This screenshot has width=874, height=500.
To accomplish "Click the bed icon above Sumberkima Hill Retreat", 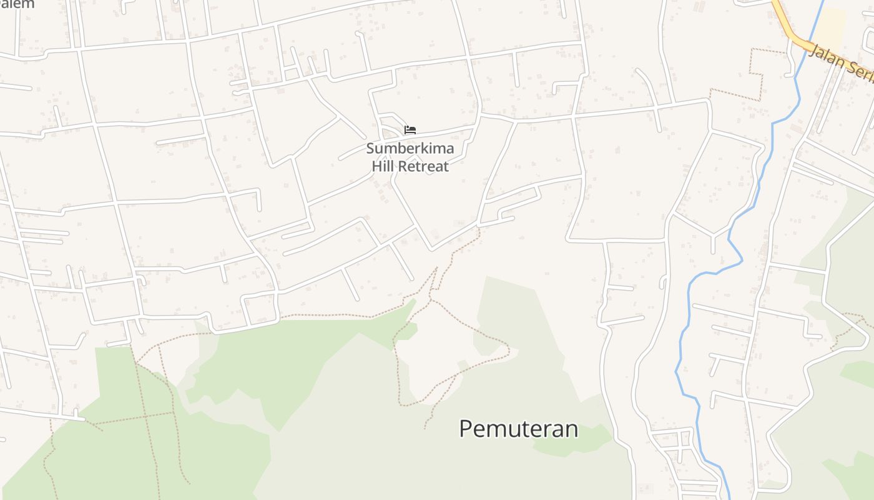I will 410,130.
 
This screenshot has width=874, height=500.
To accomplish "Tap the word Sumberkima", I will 410,149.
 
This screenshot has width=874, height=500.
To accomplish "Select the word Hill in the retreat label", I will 384,166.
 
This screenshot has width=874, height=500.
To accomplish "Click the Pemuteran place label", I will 518,429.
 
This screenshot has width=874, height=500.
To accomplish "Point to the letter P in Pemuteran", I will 466,429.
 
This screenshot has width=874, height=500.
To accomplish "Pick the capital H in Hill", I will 376,166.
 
